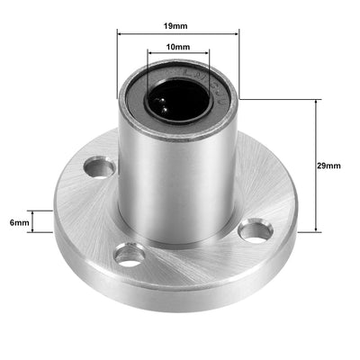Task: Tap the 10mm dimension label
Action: pos(177,46)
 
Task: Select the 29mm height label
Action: pos(330,166)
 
